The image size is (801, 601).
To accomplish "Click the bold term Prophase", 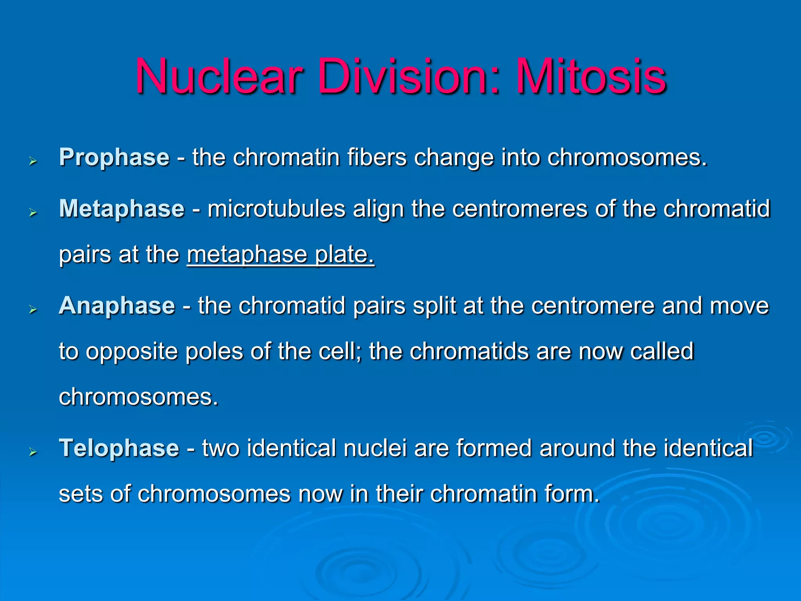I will click(x=114, y=158).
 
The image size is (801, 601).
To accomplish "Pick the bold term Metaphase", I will click(x=122, y=209).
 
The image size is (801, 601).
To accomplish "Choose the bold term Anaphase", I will click(x=117, y=306).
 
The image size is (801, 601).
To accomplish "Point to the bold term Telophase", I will click(x=119, y=448).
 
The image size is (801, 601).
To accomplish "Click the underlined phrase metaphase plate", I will click(x=280, y=255).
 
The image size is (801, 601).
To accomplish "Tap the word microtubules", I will click(x=276, y=209).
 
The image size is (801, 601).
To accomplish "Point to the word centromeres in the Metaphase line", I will click(x=520, y=209).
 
